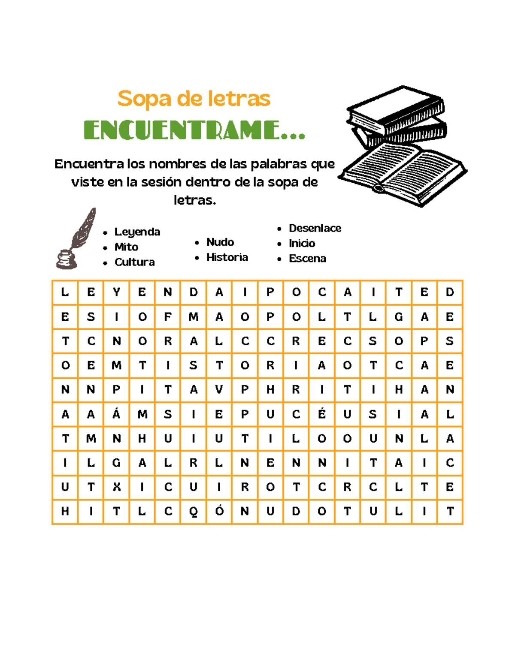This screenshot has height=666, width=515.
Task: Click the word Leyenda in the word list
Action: tap(137, 232)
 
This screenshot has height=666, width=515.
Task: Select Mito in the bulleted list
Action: tap(126, 247)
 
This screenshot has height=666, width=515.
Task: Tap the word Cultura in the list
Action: tap(134, 262)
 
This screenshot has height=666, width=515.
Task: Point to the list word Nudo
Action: tap(220, 242)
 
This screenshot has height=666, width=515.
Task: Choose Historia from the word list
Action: tap(227, 257)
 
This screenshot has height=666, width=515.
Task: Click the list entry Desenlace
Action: tap(315, 228)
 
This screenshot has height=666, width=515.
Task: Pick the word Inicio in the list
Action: tap(302, 243)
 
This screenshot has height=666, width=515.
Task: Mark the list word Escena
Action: tap(307, 259)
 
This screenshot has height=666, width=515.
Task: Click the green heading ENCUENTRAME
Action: tap(194, 130)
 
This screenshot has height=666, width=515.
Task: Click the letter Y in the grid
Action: tap(116, 292)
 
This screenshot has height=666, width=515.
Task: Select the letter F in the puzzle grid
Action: tap(168, 317)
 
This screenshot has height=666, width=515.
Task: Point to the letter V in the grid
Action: tap(219, 389)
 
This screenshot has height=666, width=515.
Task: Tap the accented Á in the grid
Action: tap(116, 413)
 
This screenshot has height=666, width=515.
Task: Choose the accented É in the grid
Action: tap(322, 413)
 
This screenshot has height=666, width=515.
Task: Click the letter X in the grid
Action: tap(116, 487)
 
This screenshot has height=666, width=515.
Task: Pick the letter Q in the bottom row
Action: tap(194, 512)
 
